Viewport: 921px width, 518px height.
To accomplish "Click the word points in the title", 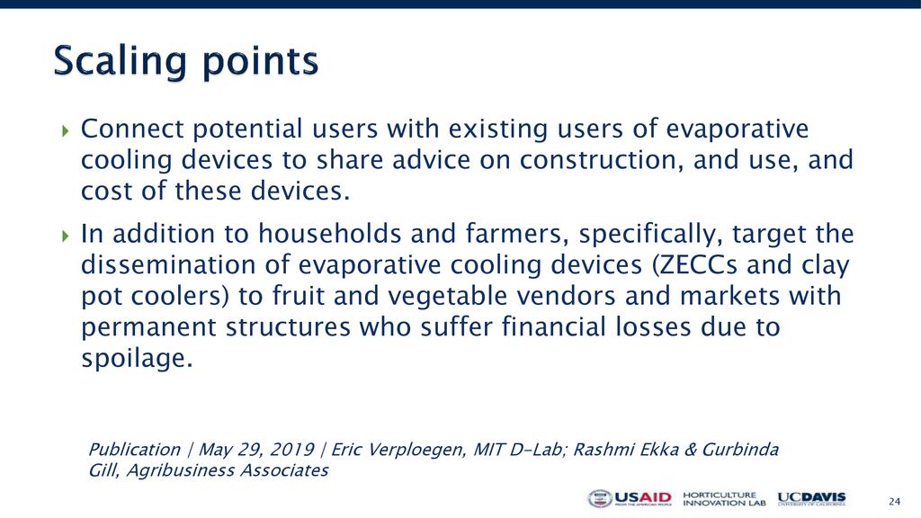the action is pos(261,62).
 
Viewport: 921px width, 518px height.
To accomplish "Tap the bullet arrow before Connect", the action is pos(65,129).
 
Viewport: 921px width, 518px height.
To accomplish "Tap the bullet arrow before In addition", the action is pos(65,235).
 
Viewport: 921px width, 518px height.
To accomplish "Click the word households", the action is pos(329,234).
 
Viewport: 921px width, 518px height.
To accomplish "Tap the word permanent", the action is pos(148,327).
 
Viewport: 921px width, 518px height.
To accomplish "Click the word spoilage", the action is pos(137,359).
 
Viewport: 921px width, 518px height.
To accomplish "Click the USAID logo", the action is pos(630,499).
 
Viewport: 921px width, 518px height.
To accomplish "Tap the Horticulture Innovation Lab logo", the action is pos(724,499).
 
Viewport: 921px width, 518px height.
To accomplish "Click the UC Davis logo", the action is pos(812,499).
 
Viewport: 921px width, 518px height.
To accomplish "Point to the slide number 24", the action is pos(894,502).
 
